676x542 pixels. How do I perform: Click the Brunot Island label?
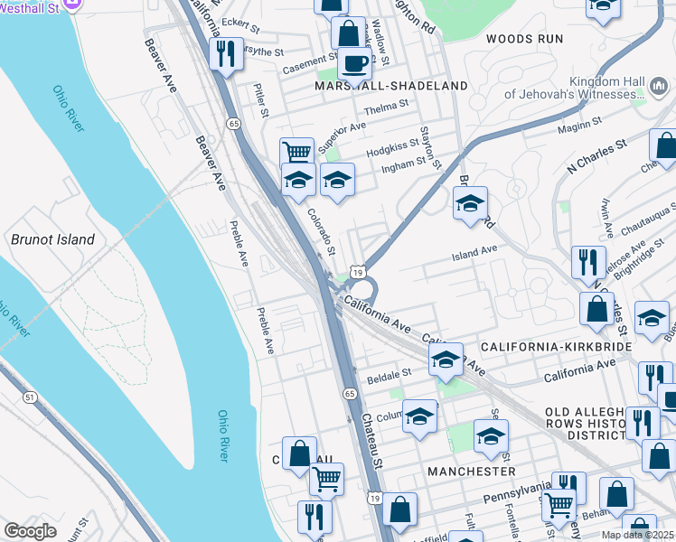click(x=52, y=239)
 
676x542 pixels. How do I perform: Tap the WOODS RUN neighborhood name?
click(x=524, y=39)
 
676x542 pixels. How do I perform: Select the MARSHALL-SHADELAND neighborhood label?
click(x=391, y=86)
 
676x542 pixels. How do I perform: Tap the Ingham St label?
click(x=403, y=165)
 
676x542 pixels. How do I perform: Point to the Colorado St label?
click(x=321, y=231)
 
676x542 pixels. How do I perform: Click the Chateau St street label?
click(x=373, y=434)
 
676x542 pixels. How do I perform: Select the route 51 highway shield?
click(x=30, y=397)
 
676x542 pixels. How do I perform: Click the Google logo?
click(x=30, y=530)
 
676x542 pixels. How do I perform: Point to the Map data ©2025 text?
click(x=636, y=535)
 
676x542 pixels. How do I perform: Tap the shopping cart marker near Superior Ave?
click(x=296, y=151)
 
